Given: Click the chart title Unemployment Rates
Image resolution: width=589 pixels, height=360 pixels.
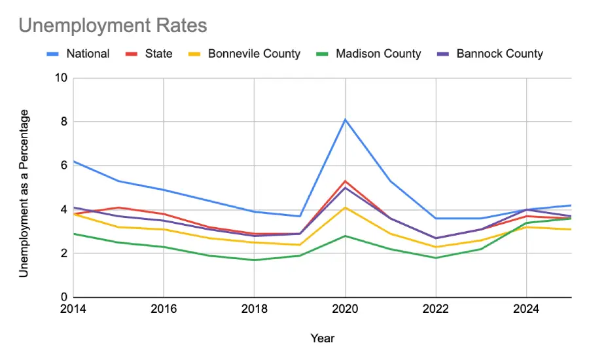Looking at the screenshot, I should coord(113,26).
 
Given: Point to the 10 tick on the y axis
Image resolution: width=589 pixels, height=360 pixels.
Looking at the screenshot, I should coord(62,79).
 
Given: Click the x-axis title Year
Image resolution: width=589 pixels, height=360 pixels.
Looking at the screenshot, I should coord(323,338).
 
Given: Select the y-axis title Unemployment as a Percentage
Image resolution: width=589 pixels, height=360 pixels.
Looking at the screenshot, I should coord(24,193).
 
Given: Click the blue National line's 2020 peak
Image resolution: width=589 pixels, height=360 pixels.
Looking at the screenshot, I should coord(345,119).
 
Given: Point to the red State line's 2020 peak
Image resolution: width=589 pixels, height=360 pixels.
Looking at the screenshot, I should coord(345,181).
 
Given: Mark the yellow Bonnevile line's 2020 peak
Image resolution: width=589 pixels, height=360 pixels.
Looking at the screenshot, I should coord(345,207).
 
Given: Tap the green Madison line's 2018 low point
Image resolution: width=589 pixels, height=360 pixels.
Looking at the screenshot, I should coord(254,260).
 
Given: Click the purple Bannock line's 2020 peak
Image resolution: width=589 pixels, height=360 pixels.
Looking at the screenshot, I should coord(345,187).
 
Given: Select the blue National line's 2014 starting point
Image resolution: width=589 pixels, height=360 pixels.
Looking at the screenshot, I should coord(73,161).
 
